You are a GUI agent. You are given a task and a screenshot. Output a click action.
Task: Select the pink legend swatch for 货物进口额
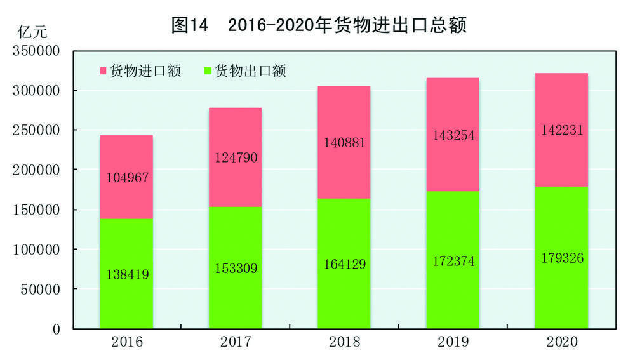(x=102, y=71)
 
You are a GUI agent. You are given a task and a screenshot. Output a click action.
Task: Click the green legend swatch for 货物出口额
(x=207, y=71)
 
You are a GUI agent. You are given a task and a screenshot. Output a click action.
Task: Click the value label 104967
(x=126, y=178)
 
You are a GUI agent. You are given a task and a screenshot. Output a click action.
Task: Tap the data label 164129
(x=344, y=264)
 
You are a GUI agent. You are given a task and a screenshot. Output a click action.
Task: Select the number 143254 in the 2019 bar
(x=453, y=135)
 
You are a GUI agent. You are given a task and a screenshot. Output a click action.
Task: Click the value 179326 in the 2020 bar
(x=561, y=258)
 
